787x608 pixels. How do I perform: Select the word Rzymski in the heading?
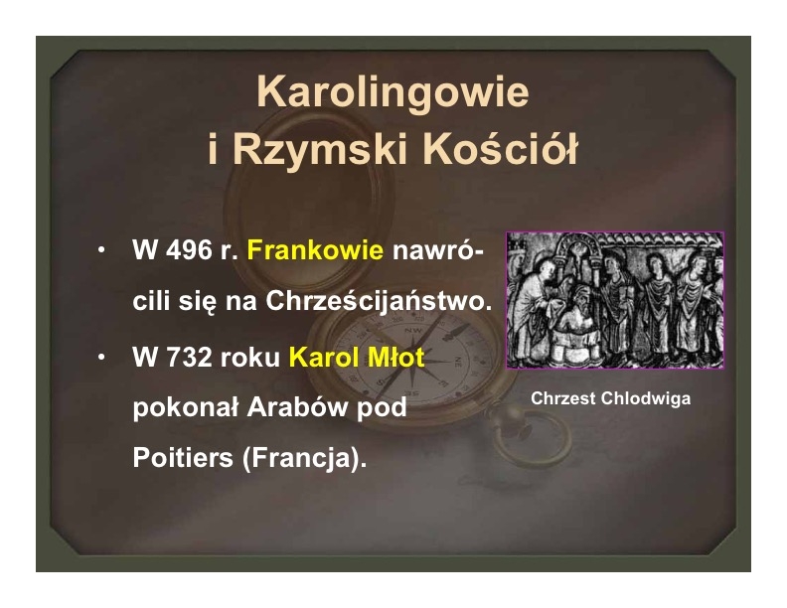(x=322, y=149)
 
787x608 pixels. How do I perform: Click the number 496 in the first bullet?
(x=189, y=249)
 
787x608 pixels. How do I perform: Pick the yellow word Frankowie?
(x=315, y=249)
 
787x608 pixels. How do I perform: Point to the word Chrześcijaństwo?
(x=379, y=300)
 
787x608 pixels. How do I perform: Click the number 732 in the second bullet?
(x=189, y=358)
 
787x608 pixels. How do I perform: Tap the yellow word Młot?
(x=396, y=358)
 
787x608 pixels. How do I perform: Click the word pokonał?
(x=185, y=407)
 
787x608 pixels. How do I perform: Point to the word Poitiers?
(x=183, y=458)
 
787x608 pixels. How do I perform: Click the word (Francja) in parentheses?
(x=304, y=458)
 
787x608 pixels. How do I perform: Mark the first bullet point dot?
(x=102, y=249)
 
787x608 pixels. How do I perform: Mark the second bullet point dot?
(x=102, y=358)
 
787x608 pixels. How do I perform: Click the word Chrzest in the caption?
(x=562, y=398)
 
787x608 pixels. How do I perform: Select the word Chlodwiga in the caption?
(x=646, y=398)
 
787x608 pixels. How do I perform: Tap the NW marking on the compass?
(x=413, y=331)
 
